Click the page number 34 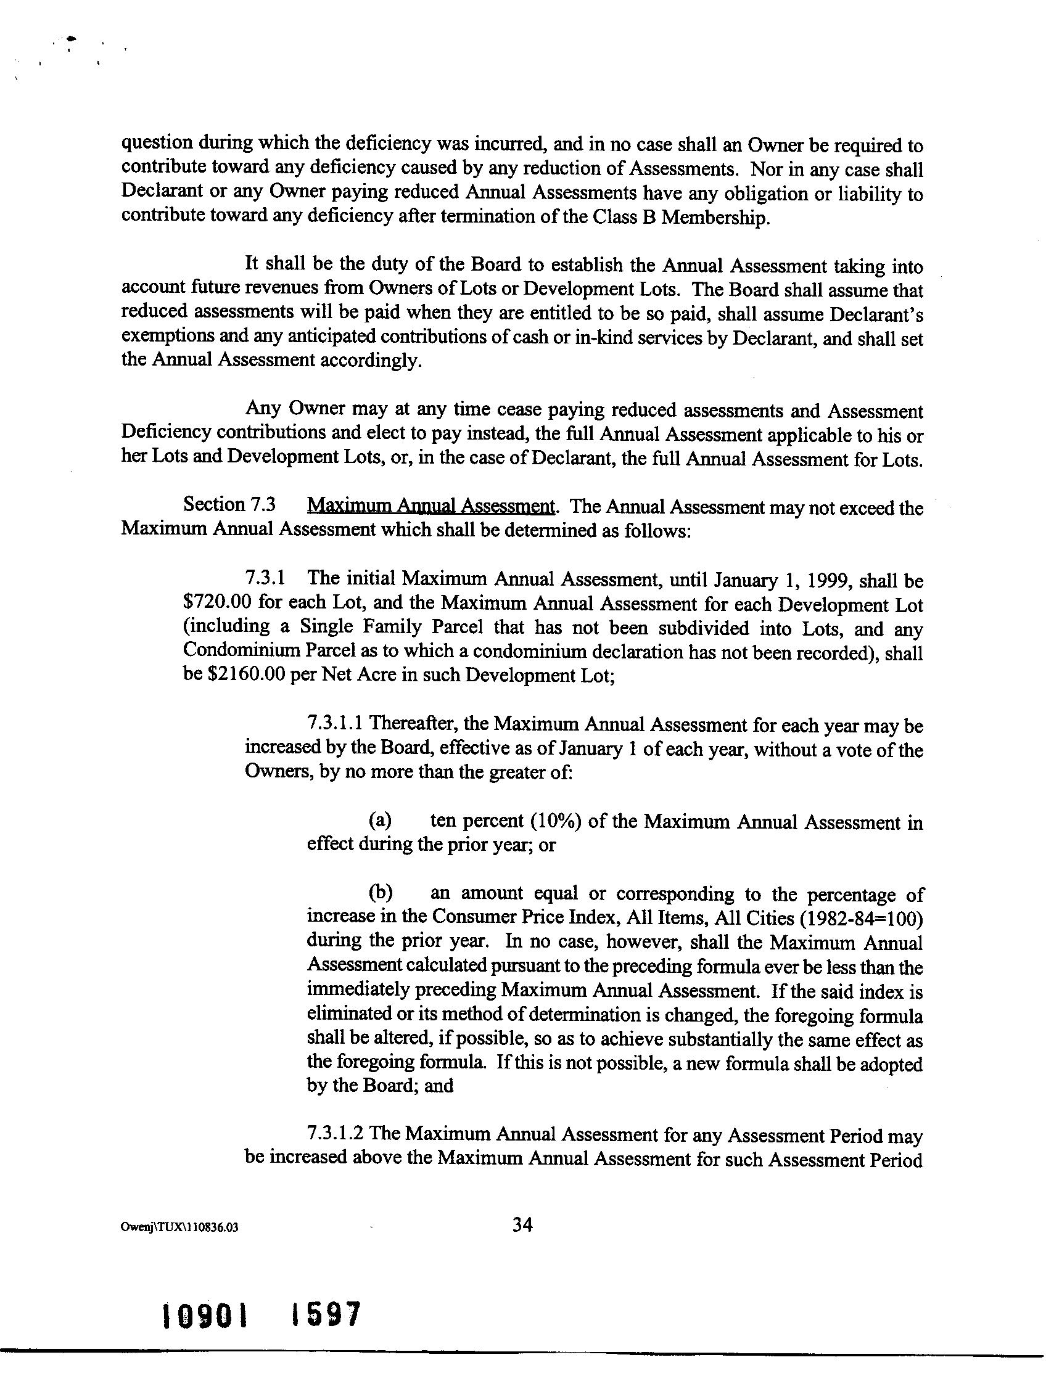(x=522, y=1224)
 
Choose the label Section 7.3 (x=229, y=505)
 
